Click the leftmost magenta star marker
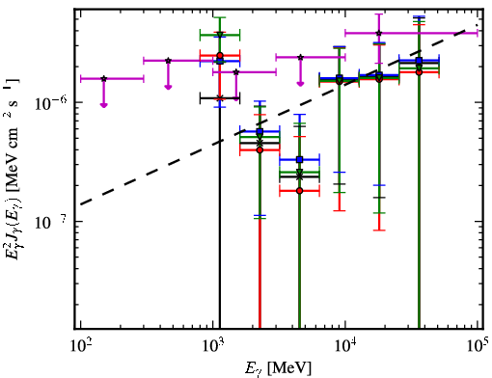pyautogui.click(x=103, y=79)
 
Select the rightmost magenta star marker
pyautogui.click(x=379, y=33)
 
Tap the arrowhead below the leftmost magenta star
pyautogui.click(x=103, y=105)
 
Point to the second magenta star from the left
pyautogui.click(x=168, y=61)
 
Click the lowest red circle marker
pyautogui.click(x=300, y=191)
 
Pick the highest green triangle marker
pyautogui.click(x=220, y=35)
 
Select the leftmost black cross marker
pyautogui.click(x=220, y=97)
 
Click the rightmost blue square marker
pyautogui.click(x=419, y=61)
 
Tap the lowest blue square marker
pyautogui.click(x=300, y=159)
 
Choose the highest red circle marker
pyautogui.click(x=220, y=56)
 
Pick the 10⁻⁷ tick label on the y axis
pyautogui.click(x=51, y=222)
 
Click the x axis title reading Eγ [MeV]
pyautogui.click(x=278, y=368)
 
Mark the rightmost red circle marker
pyautogui.click(x=419, y=72)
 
